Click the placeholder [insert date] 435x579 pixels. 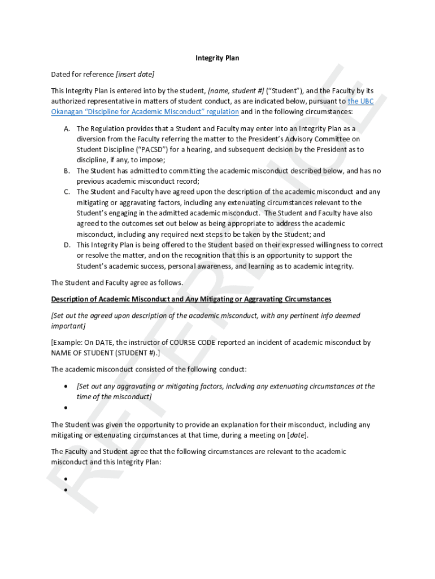click(x=135, y=74)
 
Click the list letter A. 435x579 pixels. click(x=67, y=128)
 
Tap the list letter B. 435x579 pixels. click(x=67, y=171)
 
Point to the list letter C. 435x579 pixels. click(x=67, y=192)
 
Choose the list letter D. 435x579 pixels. click(x=67, y=245)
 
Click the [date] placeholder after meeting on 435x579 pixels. click(x=297, y=435)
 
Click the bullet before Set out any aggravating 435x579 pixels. click(x=66, y=387)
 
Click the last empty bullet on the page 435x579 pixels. click(x=66, y=490)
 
